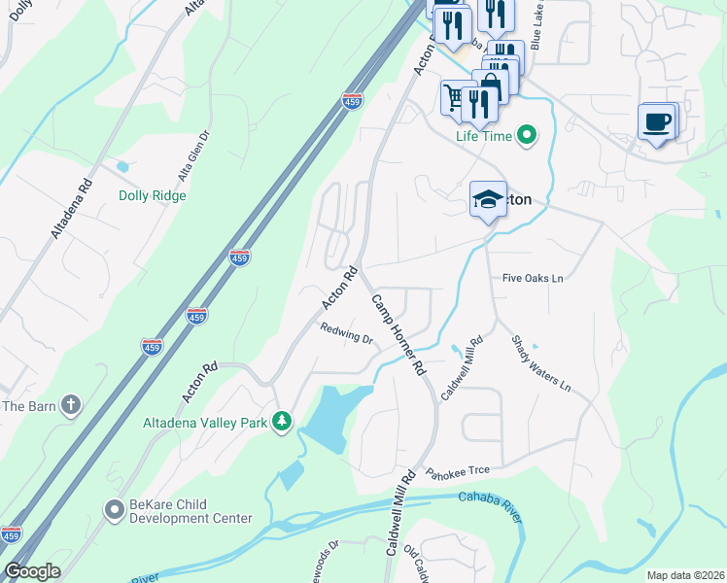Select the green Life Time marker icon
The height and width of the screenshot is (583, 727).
[x=527, y=135]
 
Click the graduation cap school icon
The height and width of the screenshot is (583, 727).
[x=488, y=199]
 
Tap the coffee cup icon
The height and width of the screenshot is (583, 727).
[x=656, y=122]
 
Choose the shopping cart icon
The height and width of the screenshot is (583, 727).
[x=454, y=96]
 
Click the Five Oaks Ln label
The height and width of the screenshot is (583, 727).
[x=533, y=278]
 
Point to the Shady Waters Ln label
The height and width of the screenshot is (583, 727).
[x=541, y=362]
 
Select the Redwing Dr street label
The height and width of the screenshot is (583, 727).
[x=347, y=334]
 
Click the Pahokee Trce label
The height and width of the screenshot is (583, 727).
[x=457, y=471]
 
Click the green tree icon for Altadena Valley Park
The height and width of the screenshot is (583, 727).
[x=282, y=422]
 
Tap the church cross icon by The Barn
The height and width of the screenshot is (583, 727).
[x=70, y=405]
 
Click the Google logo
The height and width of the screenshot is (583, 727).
[x=32, y=571]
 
